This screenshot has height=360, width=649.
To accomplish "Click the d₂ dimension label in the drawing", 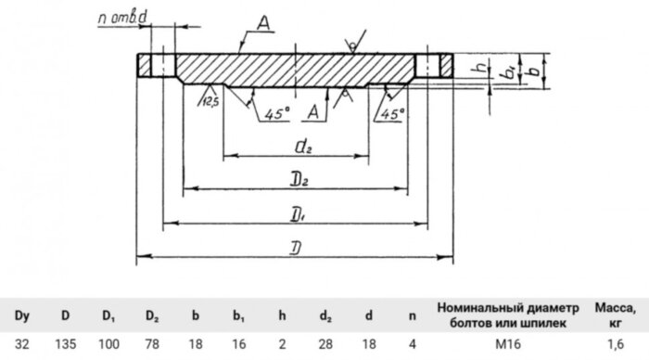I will (300, 145).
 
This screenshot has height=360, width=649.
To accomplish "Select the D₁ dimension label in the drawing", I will (298, 213).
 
